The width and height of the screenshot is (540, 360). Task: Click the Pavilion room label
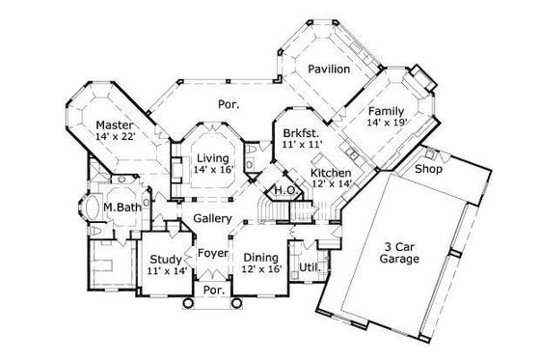pos(329,70)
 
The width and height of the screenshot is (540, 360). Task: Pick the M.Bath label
pos(121,207)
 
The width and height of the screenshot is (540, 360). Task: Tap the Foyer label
pos(213,254)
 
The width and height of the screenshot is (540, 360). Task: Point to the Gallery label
pos(211,219)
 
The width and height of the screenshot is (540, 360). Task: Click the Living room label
pos(213,157)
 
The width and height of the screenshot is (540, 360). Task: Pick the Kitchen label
pos(329,174)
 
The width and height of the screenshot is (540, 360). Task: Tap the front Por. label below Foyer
pos(213,289)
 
